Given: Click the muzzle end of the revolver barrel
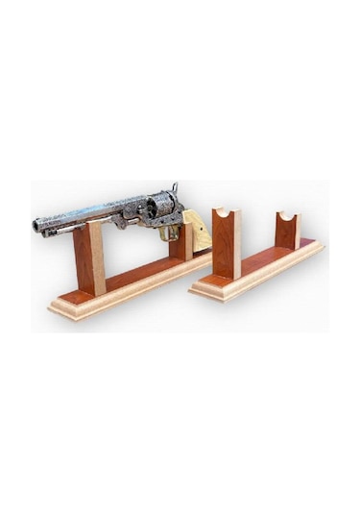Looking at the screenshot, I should (36, 227).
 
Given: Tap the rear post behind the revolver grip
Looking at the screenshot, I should (179, 244).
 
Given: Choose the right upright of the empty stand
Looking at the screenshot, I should (287, 232).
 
